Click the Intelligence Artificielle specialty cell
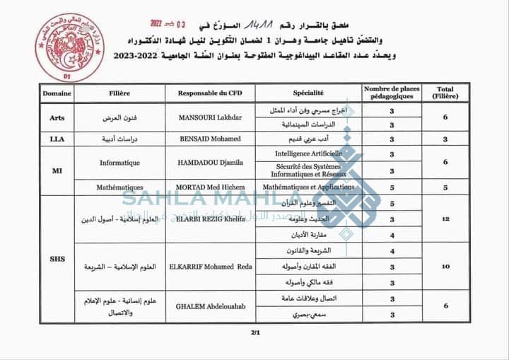308,153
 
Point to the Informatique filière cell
119,163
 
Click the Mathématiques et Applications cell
308,187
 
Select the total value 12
445,219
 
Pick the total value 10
445,266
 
